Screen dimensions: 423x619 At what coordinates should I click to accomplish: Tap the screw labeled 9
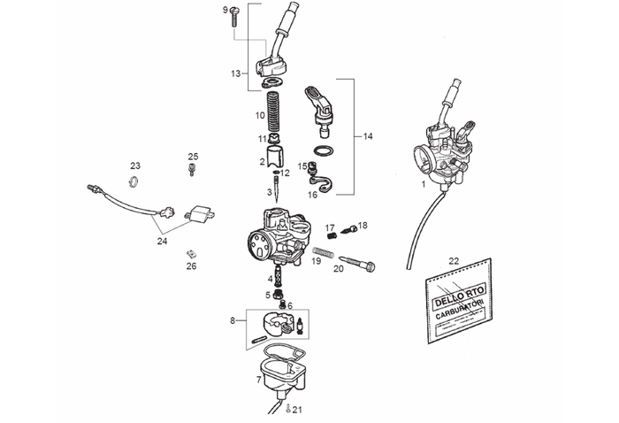coord(236,13)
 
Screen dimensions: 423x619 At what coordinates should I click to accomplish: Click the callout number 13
coord(235,74)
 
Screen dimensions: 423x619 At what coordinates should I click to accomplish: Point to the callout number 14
coord(369,136)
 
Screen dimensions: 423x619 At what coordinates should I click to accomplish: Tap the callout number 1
coord(423,186)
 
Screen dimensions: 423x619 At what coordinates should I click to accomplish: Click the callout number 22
coord(454,261)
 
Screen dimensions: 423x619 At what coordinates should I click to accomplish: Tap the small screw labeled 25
coord(192,171)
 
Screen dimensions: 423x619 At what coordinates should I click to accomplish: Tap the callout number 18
coord(363,226)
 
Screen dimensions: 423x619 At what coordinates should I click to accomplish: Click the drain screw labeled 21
coord(288,408)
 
